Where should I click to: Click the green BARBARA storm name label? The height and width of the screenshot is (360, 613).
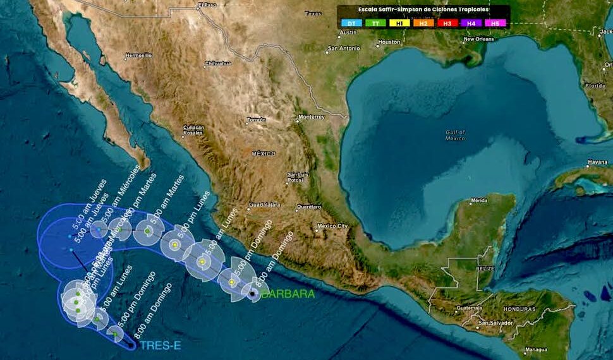click(288, 294)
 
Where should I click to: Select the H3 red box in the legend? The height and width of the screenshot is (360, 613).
click(447, 23)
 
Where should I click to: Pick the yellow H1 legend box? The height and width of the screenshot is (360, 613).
click(399, 23)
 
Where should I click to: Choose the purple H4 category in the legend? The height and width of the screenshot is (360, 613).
click(471, 23)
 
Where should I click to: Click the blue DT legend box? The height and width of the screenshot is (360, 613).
click(352, 23)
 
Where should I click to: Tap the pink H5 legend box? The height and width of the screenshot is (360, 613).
click(495, 23)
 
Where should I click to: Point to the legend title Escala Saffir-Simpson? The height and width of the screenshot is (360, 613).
click(423, 9)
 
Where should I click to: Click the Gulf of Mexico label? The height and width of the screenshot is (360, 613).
click(455, 135)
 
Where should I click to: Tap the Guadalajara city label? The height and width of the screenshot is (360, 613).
click(264, 205)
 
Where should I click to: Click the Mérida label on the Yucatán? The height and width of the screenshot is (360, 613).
click(479, 201)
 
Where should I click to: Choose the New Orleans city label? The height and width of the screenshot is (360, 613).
click(478, 39)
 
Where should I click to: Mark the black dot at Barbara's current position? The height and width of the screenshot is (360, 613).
click(252, 293)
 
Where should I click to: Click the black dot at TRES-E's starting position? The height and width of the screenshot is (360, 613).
click(131, 345)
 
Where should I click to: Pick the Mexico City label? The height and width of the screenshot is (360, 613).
click(333, 225)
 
